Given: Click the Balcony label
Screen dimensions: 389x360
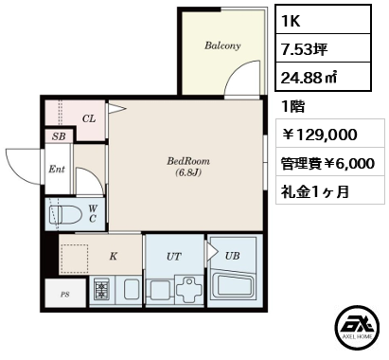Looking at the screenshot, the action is tap(222, 45).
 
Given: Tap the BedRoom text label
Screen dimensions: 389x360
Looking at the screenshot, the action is tap(188, 161).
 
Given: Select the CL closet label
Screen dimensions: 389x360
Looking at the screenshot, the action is tap(89, 118).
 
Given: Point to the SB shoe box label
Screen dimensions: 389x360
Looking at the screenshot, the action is tap(59, 136).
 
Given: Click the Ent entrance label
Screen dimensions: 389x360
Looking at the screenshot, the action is tap(57, 170).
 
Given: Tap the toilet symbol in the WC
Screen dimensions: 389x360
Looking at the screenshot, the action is tap(65, 215).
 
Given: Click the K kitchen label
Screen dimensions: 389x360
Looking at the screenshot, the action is tap(114, 256).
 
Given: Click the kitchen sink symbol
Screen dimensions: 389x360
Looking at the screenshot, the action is tap(132, 289).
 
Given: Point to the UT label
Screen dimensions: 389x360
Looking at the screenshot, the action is tap(174, 257).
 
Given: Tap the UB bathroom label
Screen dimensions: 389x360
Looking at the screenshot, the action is tap(233, 256).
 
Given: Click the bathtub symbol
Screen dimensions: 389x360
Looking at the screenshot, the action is tap(234, 288).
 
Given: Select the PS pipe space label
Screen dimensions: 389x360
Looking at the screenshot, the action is tap(65, 295).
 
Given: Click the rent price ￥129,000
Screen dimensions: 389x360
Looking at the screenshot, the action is tap(319, 135).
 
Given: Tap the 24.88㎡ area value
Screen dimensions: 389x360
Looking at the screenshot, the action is tap(309, 78).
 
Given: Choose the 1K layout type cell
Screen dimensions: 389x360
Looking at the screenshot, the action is tap(323, 21).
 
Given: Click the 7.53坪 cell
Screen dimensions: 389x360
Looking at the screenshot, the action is tap(323, 48).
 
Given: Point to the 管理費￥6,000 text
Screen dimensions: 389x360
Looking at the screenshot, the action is tap(327, 163).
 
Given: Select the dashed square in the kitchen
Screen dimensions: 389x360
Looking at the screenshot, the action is tap(75, 259).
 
